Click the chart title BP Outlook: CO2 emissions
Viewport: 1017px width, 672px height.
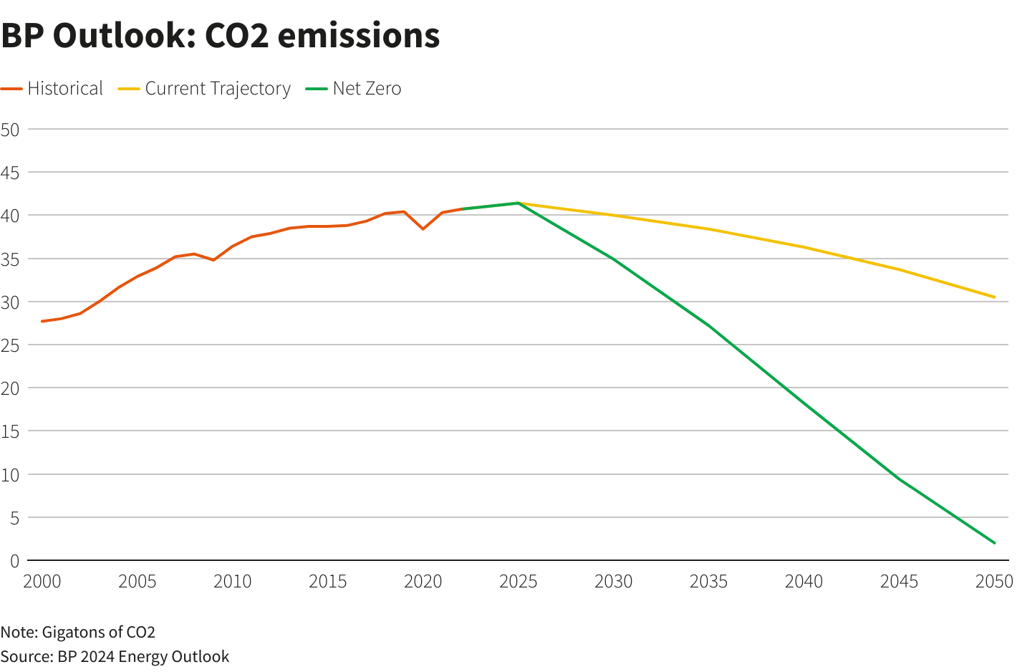(x=220, y=36)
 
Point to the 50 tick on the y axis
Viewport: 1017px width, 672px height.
(x=10, y=130)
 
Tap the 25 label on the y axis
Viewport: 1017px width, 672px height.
(x=10, y=345)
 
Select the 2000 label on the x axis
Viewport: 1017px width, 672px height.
(x=42, y=582)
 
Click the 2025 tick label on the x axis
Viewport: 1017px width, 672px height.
(x=519, y=582)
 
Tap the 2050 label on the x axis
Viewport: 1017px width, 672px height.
(x=994, y=582)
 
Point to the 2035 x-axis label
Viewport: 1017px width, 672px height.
(x=709, y=582)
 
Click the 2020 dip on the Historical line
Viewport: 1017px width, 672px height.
(x=423, y=229)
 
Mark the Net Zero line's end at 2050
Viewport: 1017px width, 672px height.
(x=994, y=543)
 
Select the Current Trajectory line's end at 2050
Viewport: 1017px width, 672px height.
(x=994, y=297)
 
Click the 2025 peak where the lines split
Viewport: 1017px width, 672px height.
(x=519, y=203)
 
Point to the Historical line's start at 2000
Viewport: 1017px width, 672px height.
(x=42, y=321)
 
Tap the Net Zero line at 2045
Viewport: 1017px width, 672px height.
(x=899, y=479)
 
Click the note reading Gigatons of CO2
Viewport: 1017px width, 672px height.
(x=78, y=632)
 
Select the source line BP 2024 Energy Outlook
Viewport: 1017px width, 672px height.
(x=115, y=656)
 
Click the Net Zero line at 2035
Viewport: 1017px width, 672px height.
(x=709, y=326)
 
